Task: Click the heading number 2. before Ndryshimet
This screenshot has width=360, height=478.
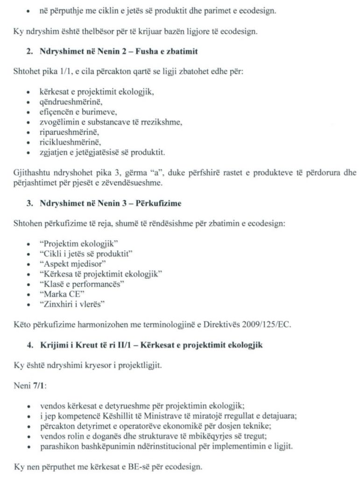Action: (29, 53)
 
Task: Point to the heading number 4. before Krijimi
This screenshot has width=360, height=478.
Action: (29, 344)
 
